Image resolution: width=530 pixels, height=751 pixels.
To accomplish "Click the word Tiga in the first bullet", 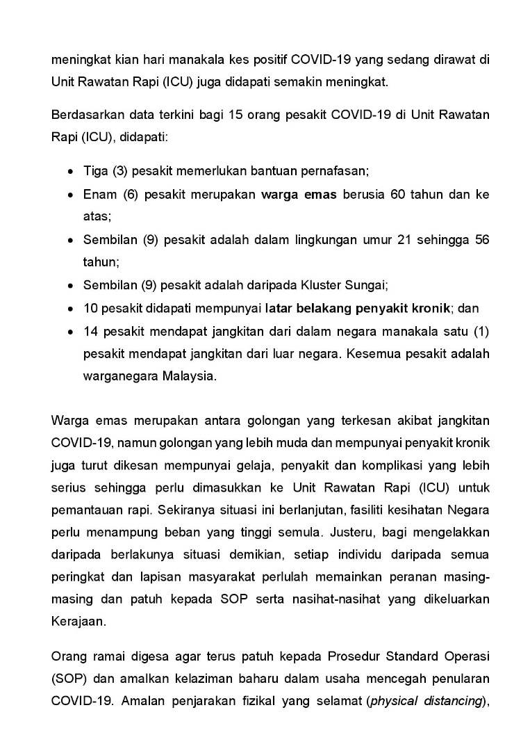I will point(94,170).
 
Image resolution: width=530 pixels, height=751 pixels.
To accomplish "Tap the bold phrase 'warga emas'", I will point(299,194).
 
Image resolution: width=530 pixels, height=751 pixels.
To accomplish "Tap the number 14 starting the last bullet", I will point(90,331).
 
